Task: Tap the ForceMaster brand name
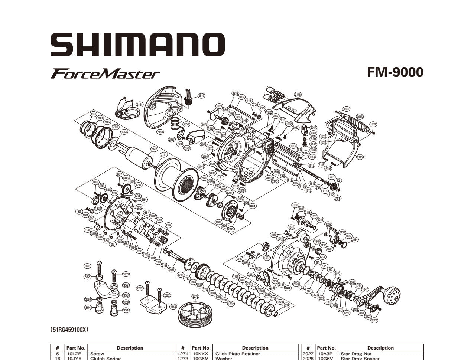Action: coord(105,73)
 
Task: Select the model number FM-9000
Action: coord(395,72)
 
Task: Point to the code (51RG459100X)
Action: coord(69,329)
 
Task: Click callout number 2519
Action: coord(201,95)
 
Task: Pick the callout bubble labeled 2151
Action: coord(139,105)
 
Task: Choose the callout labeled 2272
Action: coord(195,296)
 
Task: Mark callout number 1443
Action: coord(173,307)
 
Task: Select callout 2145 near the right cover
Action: coord(360,157)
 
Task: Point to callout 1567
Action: coord(267,258)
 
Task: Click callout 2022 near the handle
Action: coord(374,320)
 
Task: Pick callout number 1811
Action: coord(93,114)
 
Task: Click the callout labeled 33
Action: coord(79,212)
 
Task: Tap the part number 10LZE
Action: coord(76,354)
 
